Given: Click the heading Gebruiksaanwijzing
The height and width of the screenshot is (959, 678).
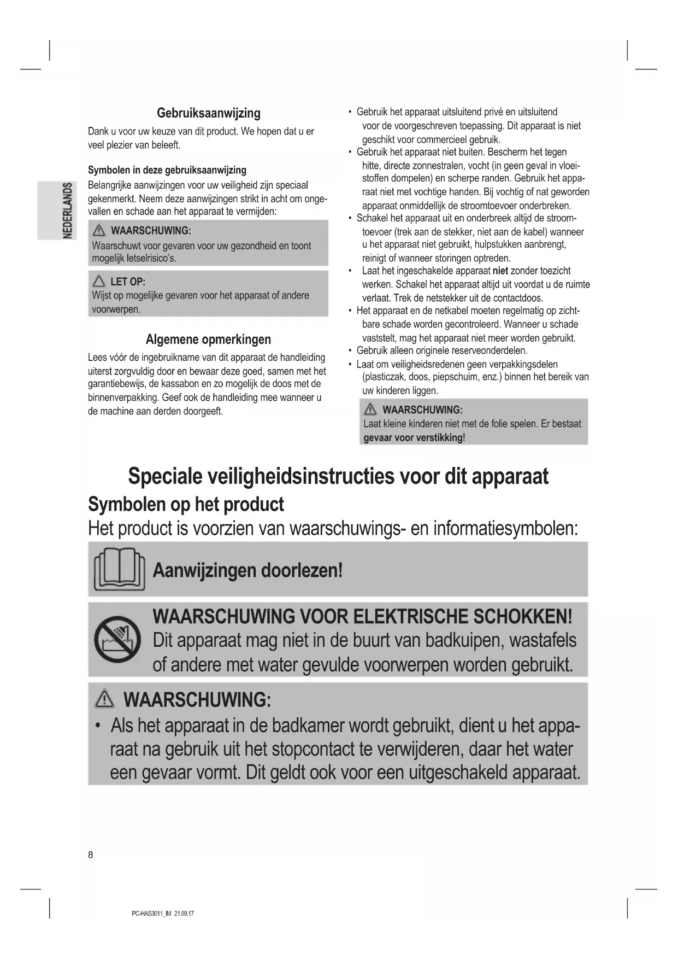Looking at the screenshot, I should click(208, 113).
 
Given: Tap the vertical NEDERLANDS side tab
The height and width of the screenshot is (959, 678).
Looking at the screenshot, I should click(67, 210).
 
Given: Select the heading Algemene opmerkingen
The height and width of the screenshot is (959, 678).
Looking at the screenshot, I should click(208, 340).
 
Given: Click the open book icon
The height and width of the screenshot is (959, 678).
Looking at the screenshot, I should click(120, 570).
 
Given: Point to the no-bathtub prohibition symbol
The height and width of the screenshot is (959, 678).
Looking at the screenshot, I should click(117, 640).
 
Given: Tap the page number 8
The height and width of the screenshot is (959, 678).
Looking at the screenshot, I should click(91, 855).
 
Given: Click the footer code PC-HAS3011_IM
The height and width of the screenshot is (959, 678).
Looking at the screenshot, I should click(152, 914).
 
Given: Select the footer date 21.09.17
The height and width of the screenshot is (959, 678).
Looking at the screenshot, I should click(184, 914).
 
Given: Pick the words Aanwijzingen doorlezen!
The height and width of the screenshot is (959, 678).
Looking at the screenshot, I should click(247, 571).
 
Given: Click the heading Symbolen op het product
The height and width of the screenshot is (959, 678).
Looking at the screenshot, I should click(186, 504).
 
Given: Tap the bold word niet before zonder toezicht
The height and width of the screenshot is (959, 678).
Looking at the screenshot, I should click(500, 271).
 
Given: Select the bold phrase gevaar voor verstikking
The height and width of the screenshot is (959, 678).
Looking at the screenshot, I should click(413, 438).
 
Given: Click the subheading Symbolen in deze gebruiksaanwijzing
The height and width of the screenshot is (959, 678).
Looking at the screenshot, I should click(167, 170).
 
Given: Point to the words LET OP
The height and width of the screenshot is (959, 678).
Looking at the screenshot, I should click(128, 282).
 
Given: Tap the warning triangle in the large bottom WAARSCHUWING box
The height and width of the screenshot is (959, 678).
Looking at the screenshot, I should click(104, 700).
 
